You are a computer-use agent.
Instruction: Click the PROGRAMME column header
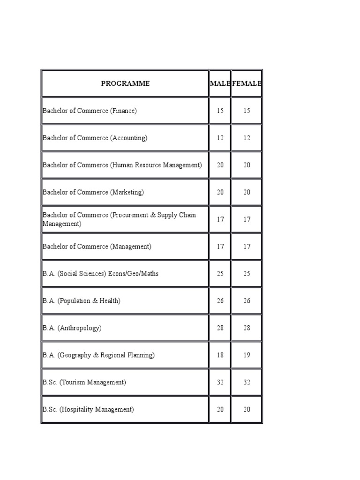[x=125, y=83]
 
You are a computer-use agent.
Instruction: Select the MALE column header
[x=220, y=83]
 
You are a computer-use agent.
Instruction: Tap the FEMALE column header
[x=247, y=83]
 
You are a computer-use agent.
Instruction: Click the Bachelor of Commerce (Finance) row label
[x=90, y=111]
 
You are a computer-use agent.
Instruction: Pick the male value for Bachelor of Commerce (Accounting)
[x=220, y=138]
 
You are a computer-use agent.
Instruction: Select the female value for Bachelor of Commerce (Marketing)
[x=247, y=192]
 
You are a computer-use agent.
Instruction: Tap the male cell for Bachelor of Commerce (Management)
[x=220, y=247]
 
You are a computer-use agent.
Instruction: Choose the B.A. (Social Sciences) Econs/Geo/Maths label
[x=100, y=273]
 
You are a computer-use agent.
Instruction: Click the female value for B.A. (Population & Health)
[x=247, y=301]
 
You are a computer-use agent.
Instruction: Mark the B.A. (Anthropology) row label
[x=72, y=328]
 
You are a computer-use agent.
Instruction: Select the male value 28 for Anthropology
[x=220, y=328]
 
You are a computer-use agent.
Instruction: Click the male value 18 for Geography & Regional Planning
[x=220, y=355]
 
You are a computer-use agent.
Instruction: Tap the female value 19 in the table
[x=247, y=355]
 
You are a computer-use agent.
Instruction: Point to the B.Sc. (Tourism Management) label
[x=84, y=382]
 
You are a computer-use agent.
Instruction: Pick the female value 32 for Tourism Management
[x=247, y=382]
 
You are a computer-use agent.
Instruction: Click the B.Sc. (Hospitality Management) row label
[x=88, y=409]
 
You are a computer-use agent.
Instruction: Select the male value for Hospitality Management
[x=220, y=410]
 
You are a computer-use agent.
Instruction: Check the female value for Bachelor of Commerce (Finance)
[x=247, y=111]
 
